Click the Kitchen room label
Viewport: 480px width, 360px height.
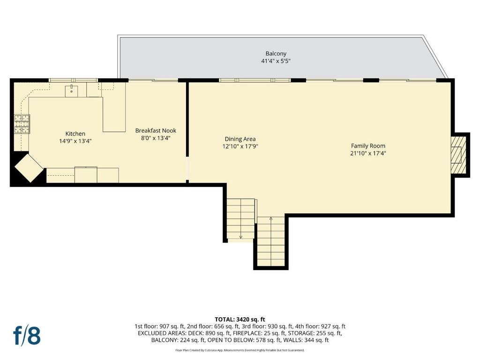point(75,134)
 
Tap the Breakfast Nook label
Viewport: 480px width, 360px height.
point(156,131)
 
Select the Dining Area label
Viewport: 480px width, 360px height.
point(240,139)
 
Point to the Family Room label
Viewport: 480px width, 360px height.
point(368,146)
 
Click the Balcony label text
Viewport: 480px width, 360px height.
point(276,53)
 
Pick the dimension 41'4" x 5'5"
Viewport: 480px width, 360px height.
point(276,61)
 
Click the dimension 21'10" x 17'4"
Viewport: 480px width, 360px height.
point(368,153)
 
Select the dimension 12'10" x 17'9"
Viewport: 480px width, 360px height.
point(240,146)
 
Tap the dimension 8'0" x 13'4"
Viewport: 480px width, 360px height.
point(156,138)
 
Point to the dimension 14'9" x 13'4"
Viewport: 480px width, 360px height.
point(75,141)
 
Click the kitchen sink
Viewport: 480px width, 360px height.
point(71,91)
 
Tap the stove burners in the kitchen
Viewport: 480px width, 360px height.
point(22,124)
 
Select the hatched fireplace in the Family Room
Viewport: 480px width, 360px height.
point(458,155)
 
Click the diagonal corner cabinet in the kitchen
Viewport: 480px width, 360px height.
point(29,168)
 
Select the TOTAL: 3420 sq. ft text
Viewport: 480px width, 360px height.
point(240,320)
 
